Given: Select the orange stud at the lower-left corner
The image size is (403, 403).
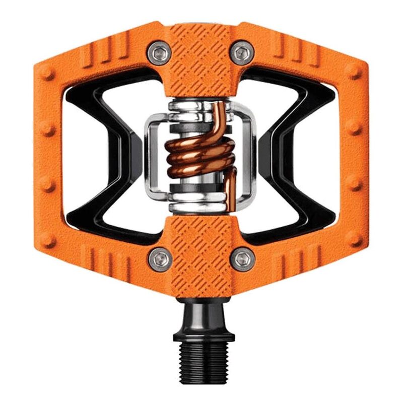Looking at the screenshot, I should coord(47,239).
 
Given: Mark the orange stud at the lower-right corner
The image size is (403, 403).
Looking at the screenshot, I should coord(354,238).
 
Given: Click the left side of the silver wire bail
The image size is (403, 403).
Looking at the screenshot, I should coord(151,156).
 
